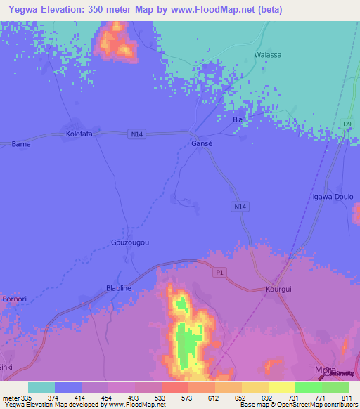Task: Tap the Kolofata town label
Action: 79,133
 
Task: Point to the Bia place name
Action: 237,120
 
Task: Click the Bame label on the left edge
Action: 20,144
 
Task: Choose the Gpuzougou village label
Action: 130,242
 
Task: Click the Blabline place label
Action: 118,288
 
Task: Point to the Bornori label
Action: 14,299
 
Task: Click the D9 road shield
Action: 347,124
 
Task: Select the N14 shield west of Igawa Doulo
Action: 240,207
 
